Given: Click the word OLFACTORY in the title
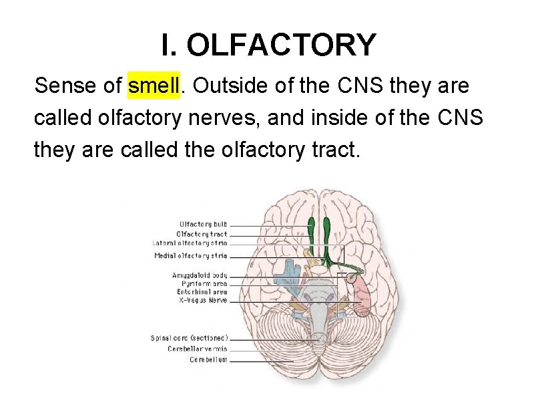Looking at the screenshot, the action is pos(282,45).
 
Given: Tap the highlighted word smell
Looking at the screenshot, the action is pos(154,86).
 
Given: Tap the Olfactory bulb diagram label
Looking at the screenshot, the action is pos(203,225).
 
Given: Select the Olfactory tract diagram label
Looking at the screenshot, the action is pos(202,234).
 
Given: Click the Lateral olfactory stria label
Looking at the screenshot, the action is pos(190,243).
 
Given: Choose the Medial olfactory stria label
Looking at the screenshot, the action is pos(190,255).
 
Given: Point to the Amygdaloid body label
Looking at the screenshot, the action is pos(200,275).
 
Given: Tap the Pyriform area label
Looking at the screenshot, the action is pos(204,284).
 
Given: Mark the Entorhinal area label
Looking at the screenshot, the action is pos(202,292).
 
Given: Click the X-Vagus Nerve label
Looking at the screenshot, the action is pos(203,301).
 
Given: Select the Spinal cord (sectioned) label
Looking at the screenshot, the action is pos(189,338).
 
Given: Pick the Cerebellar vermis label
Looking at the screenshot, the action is pos(198,349).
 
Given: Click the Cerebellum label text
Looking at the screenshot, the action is pos(208,360).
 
